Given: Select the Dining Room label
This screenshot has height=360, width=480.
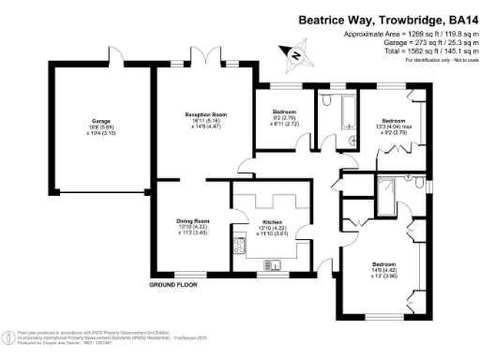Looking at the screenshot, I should point(191,224).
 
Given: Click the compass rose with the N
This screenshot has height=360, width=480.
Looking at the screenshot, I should point(297,54).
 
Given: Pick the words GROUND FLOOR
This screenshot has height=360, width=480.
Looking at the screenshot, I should point(175,283).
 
